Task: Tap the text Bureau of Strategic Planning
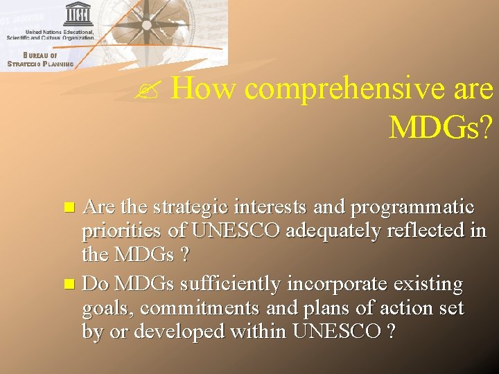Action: coord(40,60)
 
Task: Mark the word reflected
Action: coord(435,231)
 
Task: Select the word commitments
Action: coord(193,308)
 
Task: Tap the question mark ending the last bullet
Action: coord(392,331)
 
